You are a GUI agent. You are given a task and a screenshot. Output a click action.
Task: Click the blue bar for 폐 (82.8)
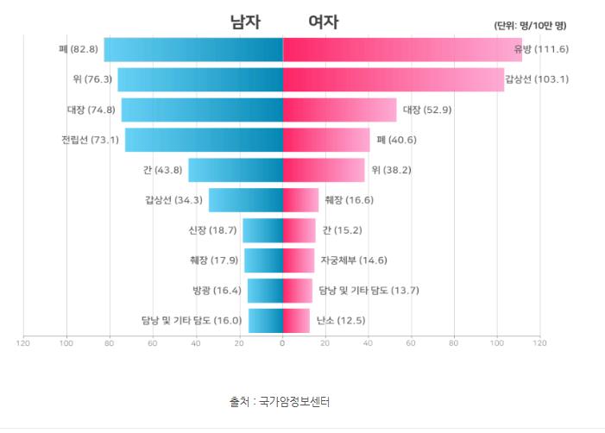tap(193, 49)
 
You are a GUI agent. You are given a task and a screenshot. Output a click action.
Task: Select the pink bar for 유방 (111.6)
tap(402, 49)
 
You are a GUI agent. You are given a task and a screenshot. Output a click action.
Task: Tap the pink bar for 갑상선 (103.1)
tap(393, 79)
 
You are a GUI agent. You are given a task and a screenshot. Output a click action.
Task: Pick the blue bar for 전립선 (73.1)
tap(204, 140)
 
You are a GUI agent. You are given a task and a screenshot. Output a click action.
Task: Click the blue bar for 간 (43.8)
tap(235, 170)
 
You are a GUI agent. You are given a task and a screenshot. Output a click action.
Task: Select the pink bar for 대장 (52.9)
tap(339, 110)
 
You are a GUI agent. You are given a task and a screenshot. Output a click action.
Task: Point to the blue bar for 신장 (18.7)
tap(262, 230)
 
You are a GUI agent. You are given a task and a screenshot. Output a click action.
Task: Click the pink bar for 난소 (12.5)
tap(296, 320)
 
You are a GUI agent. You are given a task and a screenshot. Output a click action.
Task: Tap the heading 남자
tap(244, 23)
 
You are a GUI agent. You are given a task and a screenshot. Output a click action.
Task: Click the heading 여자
tap(324, 23)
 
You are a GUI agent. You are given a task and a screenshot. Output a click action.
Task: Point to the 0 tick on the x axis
tap(282, 344)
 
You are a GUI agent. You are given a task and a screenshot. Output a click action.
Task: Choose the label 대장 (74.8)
tap(91, 110)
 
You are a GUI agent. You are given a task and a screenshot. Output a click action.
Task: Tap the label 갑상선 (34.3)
tap(173, 200)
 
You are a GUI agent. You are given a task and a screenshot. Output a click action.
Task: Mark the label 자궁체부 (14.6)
tap(354, 260)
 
